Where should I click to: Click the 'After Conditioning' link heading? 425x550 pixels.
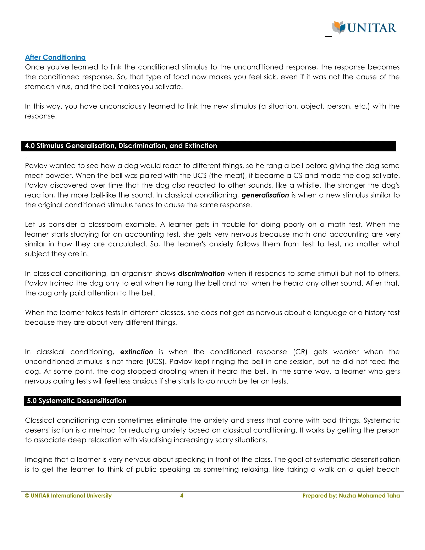[x=55, y=57]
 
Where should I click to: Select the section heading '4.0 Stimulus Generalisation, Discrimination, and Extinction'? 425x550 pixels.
[x=121, y=146]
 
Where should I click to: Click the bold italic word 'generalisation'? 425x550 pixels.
[x=265, y=195]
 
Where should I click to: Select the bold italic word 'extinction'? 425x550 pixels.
[x=137, y=352]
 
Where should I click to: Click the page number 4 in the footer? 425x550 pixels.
[x=182, y=496]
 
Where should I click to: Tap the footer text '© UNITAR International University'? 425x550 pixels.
[x=68, y=496]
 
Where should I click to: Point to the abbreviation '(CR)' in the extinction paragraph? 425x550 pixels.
[x=300, y=352]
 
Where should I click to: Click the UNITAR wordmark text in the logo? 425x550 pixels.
[x=372, y=28]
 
